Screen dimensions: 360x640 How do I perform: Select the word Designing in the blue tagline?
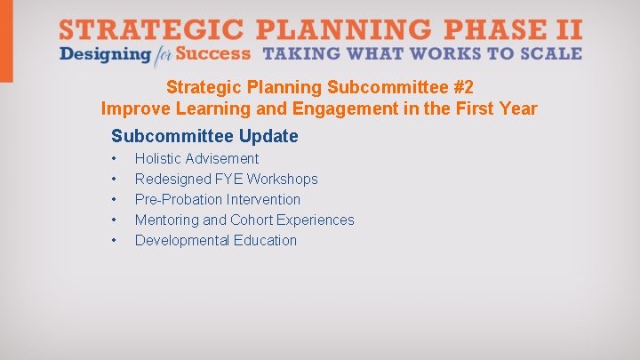click(104, 54)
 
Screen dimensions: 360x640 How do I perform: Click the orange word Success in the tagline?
click(213, 54)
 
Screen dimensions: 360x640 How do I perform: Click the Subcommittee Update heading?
click(204, 136)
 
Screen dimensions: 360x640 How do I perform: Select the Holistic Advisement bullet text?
click(196, 158)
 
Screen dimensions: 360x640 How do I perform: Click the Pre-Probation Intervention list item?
click(218, 199)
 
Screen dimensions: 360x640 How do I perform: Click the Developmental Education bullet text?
click(216, 240)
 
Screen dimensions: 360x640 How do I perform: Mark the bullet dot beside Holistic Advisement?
click(115, 159)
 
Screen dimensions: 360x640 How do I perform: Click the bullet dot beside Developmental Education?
click(115, 241)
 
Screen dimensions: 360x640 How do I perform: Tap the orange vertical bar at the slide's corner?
click(6, 41)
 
